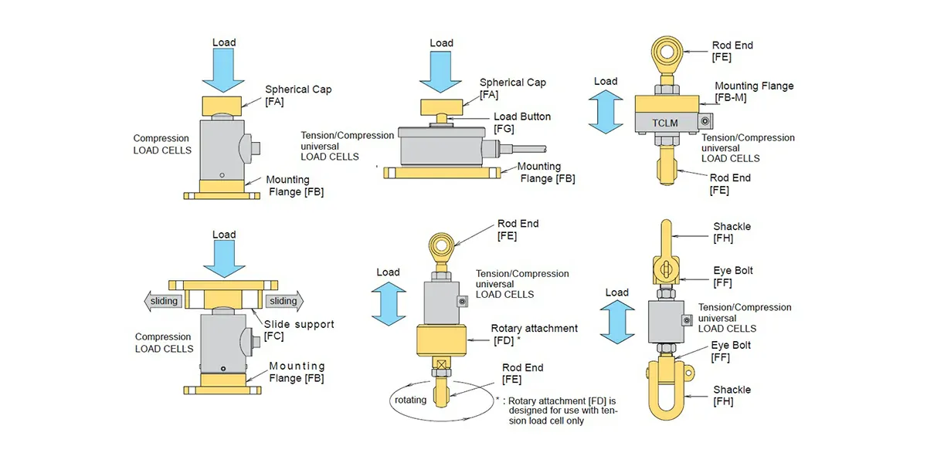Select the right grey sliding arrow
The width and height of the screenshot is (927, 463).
coord(284,301)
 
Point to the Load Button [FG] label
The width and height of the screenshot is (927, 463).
coord(522,122)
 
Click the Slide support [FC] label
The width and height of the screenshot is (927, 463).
coord(299,330)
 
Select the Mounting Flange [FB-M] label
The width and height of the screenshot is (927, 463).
coord(753,92)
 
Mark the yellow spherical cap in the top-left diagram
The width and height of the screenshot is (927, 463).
coord(222,103)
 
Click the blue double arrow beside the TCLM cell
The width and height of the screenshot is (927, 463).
coord(606,112)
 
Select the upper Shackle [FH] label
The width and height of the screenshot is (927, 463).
coord(732,232)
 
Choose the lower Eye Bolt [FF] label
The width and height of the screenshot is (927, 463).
coord(731,351)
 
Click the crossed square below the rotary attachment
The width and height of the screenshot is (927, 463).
coord(443,365)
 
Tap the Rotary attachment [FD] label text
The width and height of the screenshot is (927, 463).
coord(535,333)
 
